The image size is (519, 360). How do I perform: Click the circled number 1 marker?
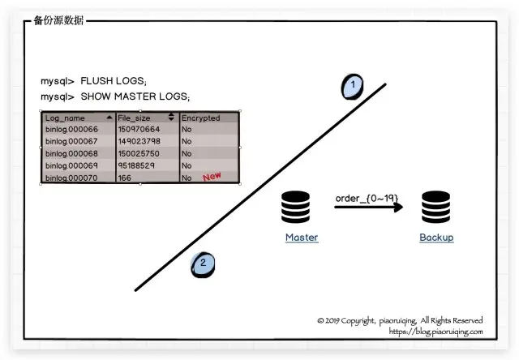click(x=352, y=86)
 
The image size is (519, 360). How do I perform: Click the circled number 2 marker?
click(x=204, y=264)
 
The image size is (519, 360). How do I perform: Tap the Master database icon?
click(x=296, y=208)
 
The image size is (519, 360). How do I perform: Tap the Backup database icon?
click(x=435, y=208)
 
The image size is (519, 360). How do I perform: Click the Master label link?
click(x=302, y=238)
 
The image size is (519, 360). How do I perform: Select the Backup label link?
click(x=436, y=238)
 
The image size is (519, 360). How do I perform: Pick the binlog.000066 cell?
click(x=71, y=129)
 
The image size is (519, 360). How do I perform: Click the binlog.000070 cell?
click(x=71, y=178)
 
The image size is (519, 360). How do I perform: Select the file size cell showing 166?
click(x=125, y=178)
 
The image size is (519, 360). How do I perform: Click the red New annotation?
click(x=212, y=176)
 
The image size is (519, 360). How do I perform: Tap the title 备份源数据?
click(x=58, y=20)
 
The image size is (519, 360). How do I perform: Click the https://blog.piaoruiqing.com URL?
click(x=435, y=332)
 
